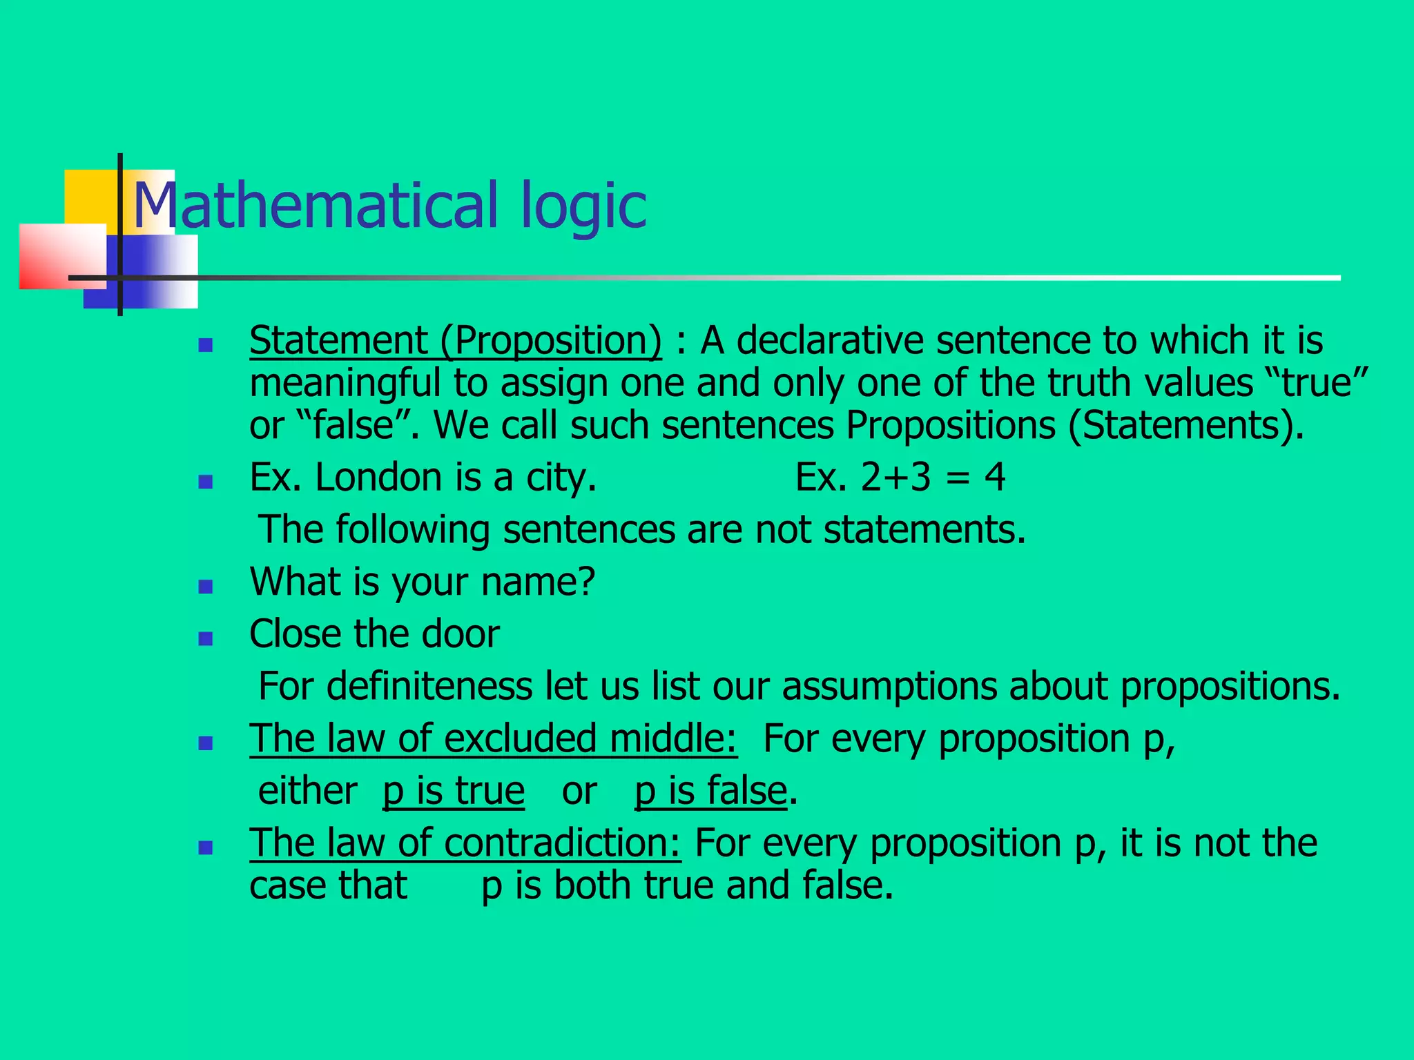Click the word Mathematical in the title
coord(315,205)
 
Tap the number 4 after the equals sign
coord(995,478)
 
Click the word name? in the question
coord(538,582)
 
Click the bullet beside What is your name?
coord(205,587)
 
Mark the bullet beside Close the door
coord(205,638)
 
